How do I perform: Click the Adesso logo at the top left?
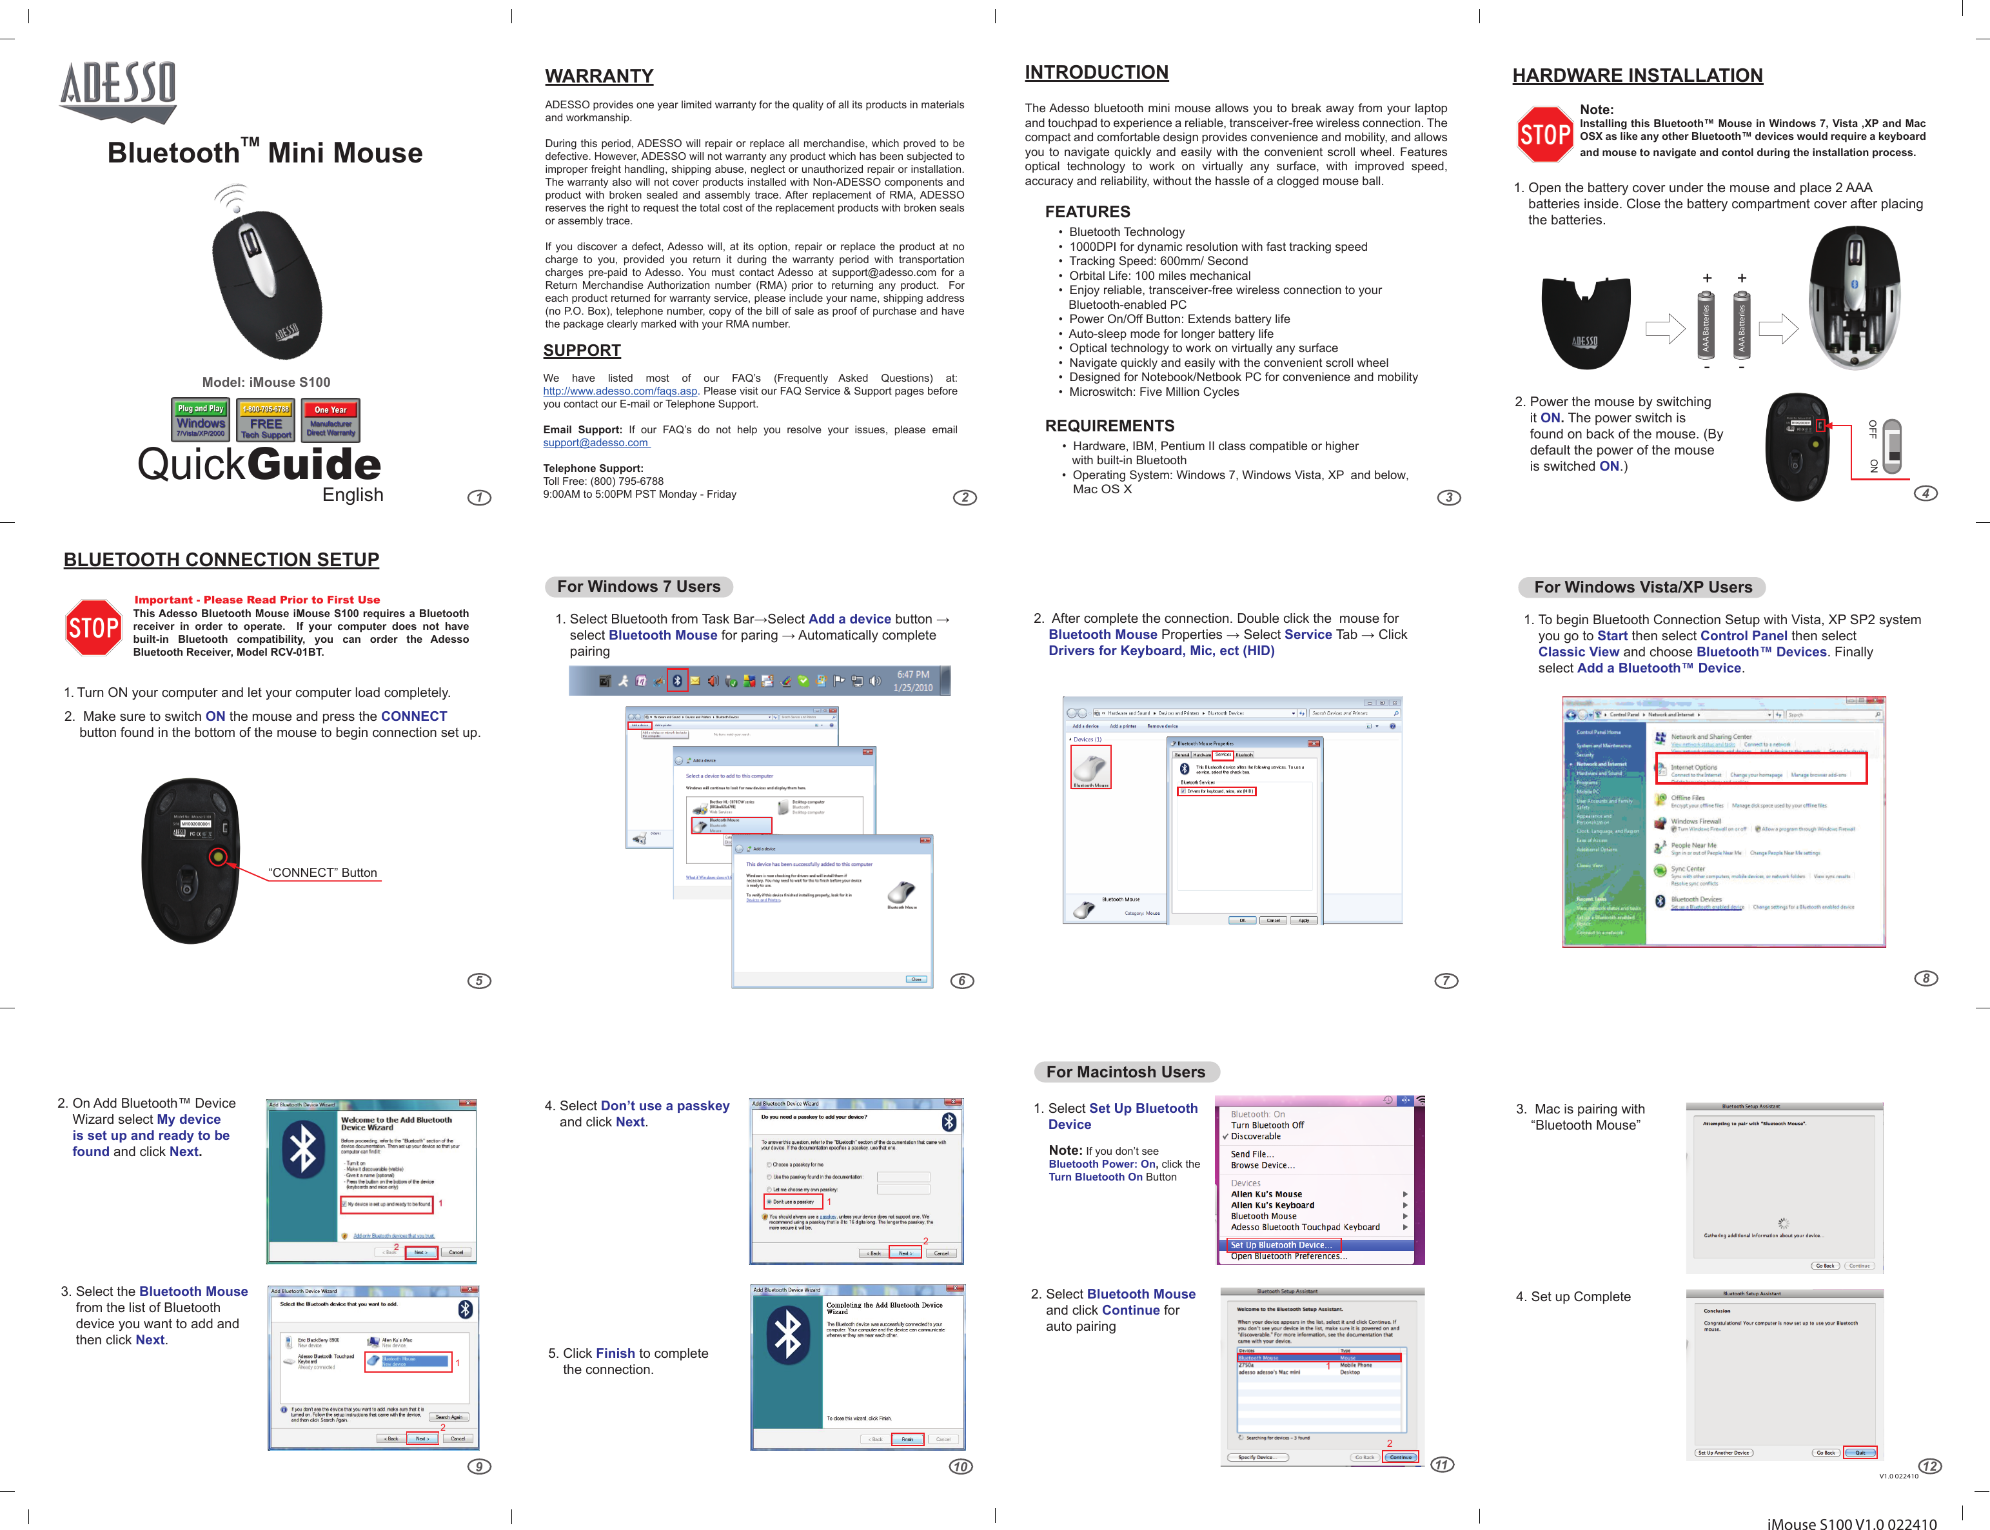119,90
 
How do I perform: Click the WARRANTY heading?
599,77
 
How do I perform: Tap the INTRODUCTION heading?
1096,73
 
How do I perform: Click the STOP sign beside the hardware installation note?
1544,135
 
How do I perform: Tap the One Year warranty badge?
331,420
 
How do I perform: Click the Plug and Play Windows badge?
201,420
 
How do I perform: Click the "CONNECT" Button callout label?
322,872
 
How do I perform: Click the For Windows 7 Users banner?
638,587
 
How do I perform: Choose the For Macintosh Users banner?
1126,1073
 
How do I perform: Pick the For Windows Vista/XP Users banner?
1642,587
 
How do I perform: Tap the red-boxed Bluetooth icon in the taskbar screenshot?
676,680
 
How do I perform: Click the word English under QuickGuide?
353,495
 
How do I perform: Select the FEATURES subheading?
1087,212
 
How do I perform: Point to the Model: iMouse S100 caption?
266,382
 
